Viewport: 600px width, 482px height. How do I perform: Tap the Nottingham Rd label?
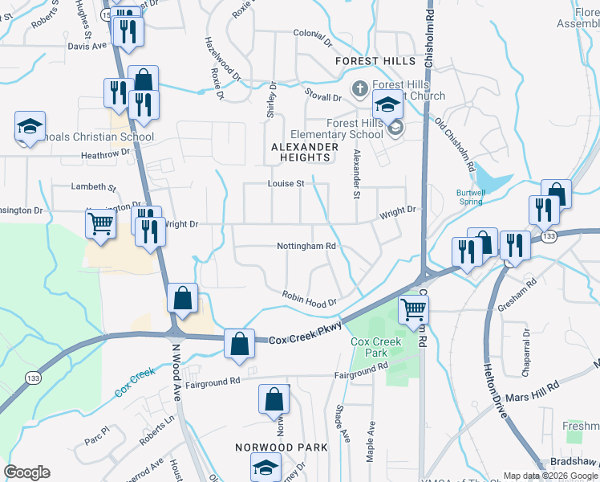point(306,247)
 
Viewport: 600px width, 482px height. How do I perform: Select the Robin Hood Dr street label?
point(308,298)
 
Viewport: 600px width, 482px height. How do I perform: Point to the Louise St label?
point(286,184)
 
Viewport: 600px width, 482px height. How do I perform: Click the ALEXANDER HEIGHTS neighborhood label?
point(305,153)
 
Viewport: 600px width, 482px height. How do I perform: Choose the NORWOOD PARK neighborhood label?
point(281,447)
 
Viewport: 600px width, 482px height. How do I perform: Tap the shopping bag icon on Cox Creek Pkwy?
point(239,343)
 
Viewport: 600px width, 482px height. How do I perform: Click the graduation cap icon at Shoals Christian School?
point(30,126)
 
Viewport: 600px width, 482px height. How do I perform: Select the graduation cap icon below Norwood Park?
point(266,468)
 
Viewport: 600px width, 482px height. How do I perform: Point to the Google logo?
point(26,472)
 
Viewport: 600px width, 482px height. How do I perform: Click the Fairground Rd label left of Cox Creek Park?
point(213,382)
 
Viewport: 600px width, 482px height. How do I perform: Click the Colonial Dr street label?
point(312,34)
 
